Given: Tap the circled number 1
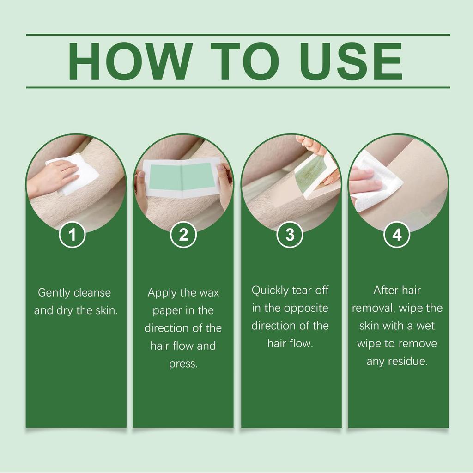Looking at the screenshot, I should point(72,235).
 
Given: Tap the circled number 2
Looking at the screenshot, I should point(183,235).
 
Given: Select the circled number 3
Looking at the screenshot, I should point(290,235).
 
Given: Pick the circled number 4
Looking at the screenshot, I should point(397,235).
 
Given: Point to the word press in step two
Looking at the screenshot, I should point(183,364).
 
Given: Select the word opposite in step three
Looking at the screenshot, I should point(305,308).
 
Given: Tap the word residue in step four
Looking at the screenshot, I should point(410,361).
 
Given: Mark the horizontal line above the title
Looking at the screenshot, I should point(238,35).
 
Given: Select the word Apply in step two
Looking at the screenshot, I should point(160,293).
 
